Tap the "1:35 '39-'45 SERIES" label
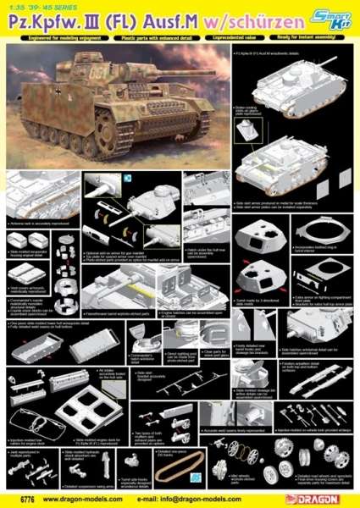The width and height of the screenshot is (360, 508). (x=37, y=6)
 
